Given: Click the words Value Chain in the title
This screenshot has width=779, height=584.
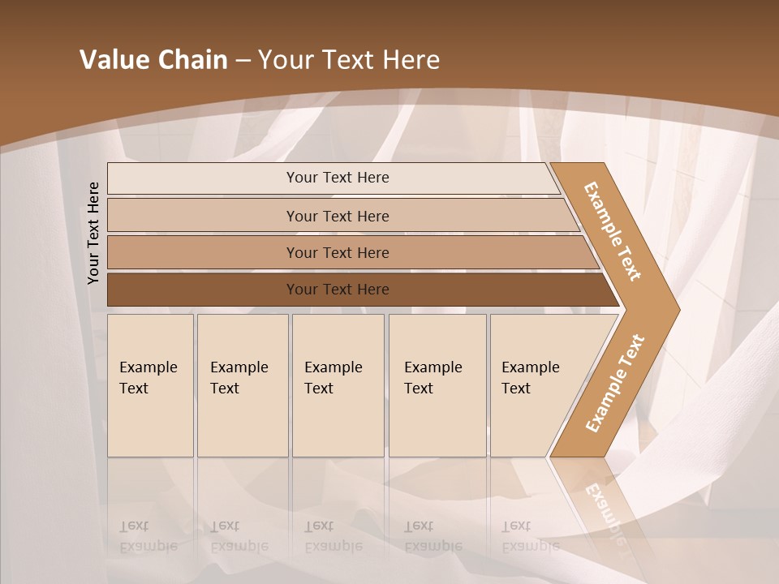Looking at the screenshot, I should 153,60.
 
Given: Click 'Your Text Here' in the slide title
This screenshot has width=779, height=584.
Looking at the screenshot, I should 349,60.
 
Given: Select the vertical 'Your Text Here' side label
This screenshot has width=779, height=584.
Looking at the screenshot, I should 94,234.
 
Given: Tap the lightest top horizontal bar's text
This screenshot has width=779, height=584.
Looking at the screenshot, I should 338,178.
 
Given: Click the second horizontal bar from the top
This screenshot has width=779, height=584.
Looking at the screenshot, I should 338,216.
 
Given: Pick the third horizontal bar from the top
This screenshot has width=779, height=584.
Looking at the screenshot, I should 338,252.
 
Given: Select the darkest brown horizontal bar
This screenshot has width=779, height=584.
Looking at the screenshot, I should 338,290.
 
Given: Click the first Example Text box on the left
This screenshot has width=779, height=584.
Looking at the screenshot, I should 150,385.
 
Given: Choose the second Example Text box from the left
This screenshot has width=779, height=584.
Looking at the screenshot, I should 242,385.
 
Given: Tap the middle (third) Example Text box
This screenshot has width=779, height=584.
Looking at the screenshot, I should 338,385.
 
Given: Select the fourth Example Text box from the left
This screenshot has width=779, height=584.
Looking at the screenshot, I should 437,385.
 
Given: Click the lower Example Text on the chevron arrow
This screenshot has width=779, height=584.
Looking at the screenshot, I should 615,383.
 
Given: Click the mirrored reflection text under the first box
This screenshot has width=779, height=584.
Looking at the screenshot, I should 148,536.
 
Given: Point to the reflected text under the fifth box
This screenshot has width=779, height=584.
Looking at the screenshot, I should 530,536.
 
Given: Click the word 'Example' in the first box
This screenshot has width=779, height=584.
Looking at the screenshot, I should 148,367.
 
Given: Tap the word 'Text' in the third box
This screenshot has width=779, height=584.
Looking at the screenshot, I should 319,389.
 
